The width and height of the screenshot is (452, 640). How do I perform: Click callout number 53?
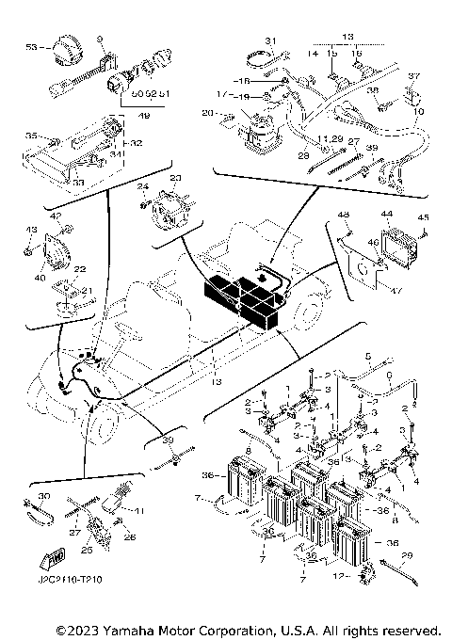[x=31, y=46]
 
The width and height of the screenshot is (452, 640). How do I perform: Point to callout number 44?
[x=386, y=215]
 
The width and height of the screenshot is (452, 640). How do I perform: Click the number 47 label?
[x=395, y=291]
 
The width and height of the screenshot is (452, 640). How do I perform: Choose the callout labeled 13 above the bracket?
[x=347, y=36]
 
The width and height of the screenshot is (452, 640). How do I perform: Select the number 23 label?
[x=174, y=177]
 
